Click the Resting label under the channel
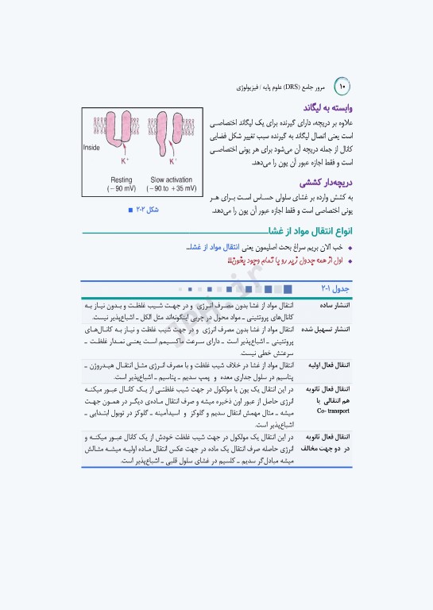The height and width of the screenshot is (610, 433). (121, 180)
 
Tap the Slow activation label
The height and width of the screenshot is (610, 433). (171, 180)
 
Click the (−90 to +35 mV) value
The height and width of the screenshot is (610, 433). (171, 190)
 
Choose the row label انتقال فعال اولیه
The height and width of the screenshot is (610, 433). (328, 365)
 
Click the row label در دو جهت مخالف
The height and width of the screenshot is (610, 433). (327, 448)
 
